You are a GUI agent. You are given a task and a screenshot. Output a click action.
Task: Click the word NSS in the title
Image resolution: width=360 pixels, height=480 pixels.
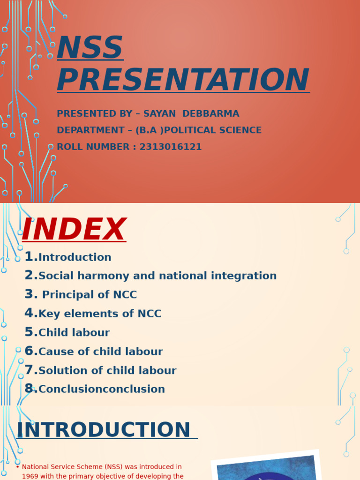pyautogui.click(x=90, y=48)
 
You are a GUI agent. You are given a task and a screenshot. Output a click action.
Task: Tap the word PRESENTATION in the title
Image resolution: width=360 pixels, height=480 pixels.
pyautogui.click(x=183, y=80)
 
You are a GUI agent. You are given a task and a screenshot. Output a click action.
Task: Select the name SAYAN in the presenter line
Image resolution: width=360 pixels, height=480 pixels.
pyautogui.click(x=160, y=114)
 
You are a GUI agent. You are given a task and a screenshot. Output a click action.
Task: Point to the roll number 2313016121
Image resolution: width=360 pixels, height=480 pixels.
pyautogui.click(x=171, y=147)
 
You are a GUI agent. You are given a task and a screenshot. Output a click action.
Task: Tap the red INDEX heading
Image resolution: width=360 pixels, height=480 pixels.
pyautogui.click(x=74, y=230)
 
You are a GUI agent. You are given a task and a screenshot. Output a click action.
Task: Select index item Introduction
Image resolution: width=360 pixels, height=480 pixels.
pyautogui.click(x=75, y=257)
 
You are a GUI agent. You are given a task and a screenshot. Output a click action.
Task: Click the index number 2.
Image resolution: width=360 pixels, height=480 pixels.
pyautogui.click(x=30, y=276)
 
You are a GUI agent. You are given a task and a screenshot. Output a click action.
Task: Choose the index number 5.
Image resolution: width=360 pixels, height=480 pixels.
pyautogui.click(x=30, y=332)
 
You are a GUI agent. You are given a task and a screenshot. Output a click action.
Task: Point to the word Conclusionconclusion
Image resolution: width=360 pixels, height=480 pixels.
pyautogui.click(x=102, y=390)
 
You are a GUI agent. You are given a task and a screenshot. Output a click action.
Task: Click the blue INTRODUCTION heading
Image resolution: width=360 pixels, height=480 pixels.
pyautogui.click(x=104, y=430)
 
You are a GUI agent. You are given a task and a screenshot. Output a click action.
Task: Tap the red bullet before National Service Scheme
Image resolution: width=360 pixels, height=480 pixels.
pyautogui.click(x=18, y=467)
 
